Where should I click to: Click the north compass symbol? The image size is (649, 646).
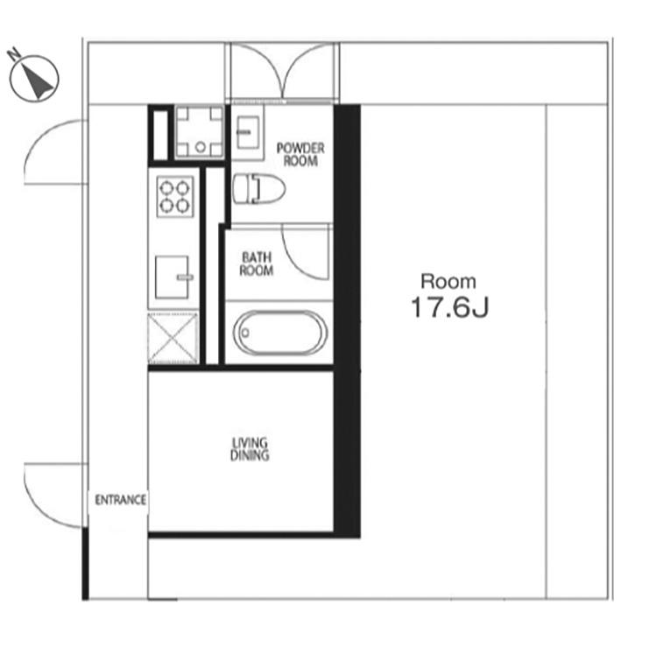click(34, 79)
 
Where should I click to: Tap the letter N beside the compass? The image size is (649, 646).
click(15, 53)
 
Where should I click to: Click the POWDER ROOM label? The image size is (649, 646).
click(300, 154)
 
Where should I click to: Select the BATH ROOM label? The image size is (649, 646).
click(257, 263)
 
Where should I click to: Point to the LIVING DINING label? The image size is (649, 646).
click(250, 449)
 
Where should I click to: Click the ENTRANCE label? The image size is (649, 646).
click(121, 500)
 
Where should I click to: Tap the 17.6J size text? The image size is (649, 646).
click(450, 307)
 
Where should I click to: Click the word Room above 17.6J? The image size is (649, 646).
click(448, 282)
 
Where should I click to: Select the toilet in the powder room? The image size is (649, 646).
click(259, 189)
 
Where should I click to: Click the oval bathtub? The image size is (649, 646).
click(279, 333)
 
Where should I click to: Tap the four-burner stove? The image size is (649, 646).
click(175, 196)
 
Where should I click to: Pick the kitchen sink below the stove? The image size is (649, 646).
click(174, 277)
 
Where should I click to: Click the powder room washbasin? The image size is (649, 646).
click(248, 132)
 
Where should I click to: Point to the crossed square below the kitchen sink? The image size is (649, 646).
click(173, 338)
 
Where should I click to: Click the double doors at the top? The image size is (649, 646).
click(282, 72)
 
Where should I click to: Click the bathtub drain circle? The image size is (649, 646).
click(245, 333)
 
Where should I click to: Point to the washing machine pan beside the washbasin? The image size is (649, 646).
click(200, 132)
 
